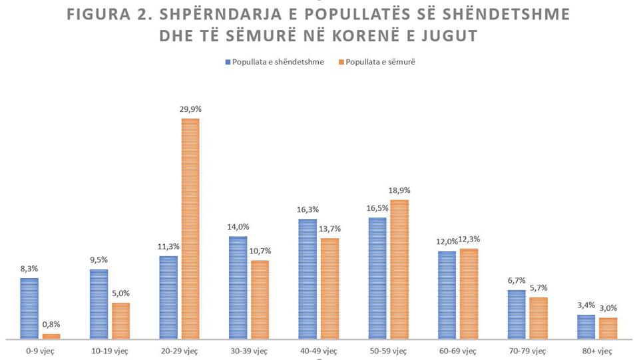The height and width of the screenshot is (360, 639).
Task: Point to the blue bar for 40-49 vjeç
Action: coord(308,279)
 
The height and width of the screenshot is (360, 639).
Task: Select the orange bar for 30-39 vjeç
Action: coord(260,300)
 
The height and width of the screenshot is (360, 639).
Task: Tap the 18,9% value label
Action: coord(399,192)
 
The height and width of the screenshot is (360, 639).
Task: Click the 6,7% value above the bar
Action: coord(517,281)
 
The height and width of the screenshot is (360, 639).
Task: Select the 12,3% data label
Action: coord(469,240)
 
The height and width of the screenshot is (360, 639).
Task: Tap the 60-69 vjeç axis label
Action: coord(459,350)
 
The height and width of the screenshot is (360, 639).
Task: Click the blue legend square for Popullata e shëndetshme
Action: coord(227,62)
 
